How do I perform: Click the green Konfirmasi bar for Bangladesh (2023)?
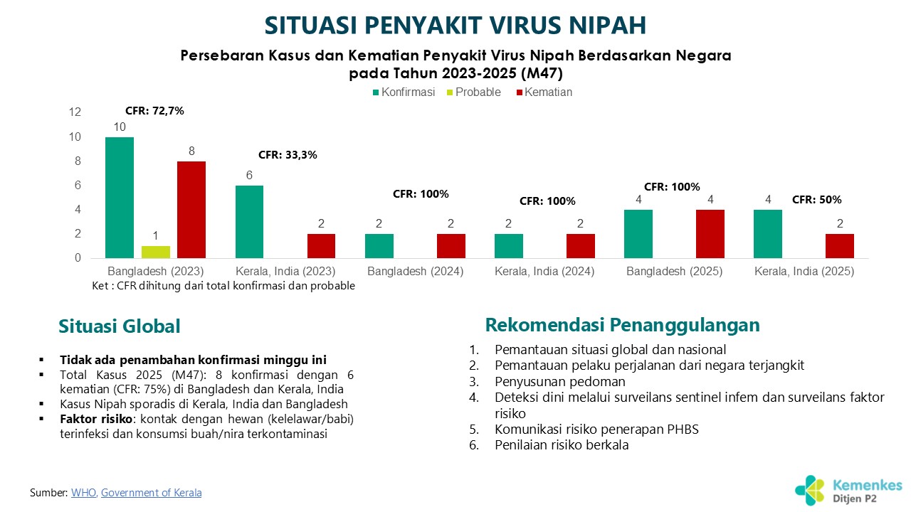tap(120, 198)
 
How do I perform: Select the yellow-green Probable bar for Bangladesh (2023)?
tap(155, 252)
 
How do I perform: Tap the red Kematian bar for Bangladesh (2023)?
tap(191, 210)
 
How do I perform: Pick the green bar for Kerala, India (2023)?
tap(249, 222)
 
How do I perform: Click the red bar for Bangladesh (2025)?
tap(710, 234)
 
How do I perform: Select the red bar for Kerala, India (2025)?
tap(840, 246)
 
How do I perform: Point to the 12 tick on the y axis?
tap(75, 112)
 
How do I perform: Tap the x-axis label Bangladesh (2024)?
tap(416, 272)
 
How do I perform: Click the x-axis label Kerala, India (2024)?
tap(544, 272)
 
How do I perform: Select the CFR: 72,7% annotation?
tap(154, 111)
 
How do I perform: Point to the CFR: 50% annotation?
tap(817, 200)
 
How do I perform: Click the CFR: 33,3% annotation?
tap(288, 154)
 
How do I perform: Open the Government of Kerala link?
tap(151, 492)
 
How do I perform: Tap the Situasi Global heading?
tap(120, 326)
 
